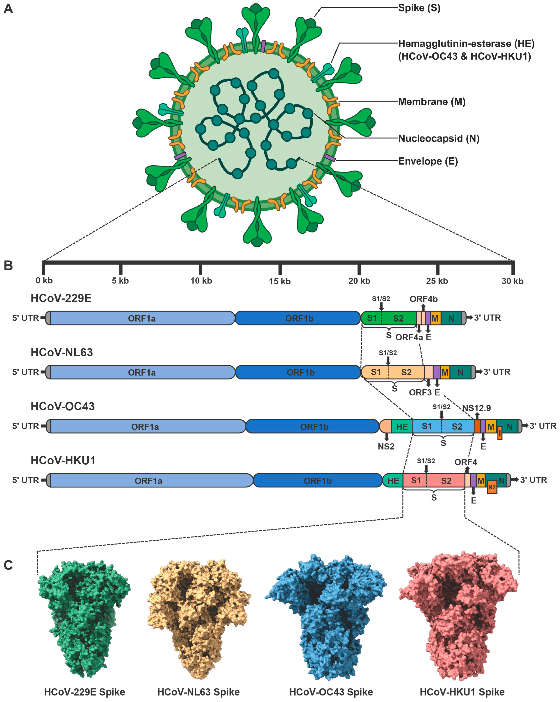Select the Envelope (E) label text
click(x=428, y=161)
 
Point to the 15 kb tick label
click(x=280, y=281)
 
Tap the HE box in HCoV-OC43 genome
click(x=402, y=427)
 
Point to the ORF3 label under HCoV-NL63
click(x=420, y=392)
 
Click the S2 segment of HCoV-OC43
click(x=457, y=427)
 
